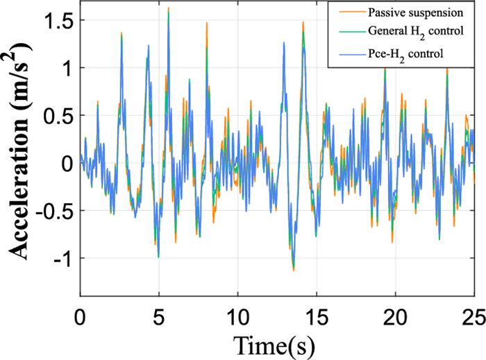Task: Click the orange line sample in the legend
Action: (x=340, y=12)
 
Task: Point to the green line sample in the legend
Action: (x=340, y=32)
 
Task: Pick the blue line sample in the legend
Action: (x=340, y=53)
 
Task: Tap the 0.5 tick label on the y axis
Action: (x=56, y=116)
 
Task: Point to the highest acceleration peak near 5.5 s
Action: (x=168, y=8)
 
